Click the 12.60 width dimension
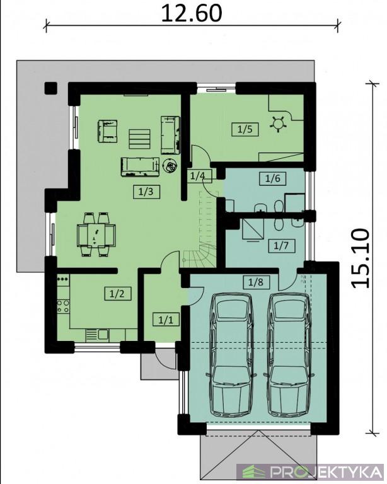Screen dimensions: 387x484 click(x=192, y=14)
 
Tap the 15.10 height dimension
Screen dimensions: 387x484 click(x=360, y=258)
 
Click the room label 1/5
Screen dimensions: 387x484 click(x=245, y=129)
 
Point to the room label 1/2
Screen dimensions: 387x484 click(x=118, y=293)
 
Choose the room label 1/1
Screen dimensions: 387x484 click(x=166, y=319)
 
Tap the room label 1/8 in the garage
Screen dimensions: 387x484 click(x=256, y=282)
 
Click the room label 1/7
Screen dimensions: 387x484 click(x=282, y=245)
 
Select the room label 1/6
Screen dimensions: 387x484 click(x=273, y=178)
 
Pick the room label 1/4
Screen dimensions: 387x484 click(x=198, y=176)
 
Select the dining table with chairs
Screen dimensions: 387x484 click(x=96, y=234)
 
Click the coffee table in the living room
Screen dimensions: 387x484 click(x=139, y=139)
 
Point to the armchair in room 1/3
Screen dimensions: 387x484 click(x=108, y=131)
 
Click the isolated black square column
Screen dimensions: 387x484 click(x=51, y=88)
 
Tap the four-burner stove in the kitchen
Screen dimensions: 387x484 click(x=63, y=306)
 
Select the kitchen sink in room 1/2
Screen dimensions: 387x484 click(x=98, y=335)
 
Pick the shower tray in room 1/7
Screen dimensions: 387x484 click(x=253, y=229)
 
